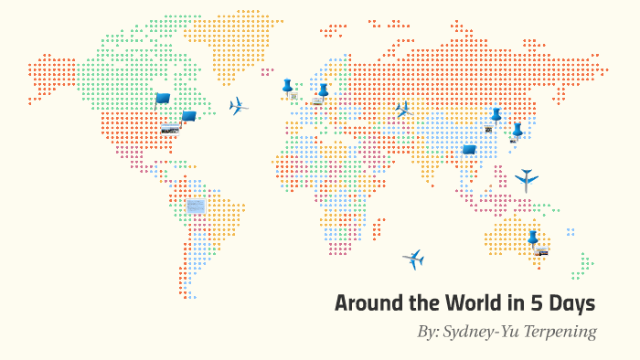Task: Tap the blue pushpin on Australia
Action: (532, 238)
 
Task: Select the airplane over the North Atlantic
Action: (238, 106)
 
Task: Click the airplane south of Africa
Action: (413, 259)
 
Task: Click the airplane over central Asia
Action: (402, 110)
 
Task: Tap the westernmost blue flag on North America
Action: (162, 99)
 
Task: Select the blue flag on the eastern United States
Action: (188, 116)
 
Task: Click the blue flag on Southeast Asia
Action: (469, 150)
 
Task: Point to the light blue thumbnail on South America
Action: (196, 206)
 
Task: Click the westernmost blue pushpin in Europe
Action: (287, 87)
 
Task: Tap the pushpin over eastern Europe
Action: (323, 90)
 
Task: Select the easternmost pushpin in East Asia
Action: (517, 130)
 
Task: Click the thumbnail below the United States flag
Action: (170, 130)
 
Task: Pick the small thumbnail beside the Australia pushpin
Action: (542, 251)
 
